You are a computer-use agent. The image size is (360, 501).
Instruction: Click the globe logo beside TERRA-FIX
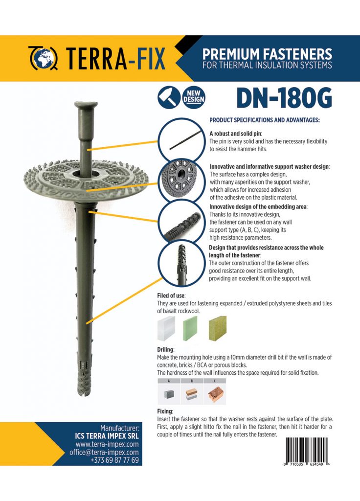coord(44,58)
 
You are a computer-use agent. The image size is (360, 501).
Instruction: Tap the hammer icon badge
coord(169,97)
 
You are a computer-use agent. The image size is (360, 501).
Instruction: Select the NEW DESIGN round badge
coord(194,97)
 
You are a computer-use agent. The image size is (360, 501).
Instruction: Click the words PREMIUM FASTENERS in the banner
coord(267,54)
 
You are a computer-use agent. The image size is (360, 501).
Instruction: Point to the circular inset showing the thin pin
coord(181,140)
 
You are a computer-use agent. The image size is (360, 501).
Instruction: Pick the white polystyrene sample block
coord(166,328)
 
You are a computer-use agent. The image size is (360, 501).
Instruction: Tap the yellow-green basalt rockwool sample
coord(218,328)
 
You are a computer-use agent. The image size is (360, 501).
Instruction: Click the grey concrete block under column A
coord(169,394)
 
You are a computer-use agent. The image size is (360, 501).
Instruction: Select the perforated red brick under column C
coord(214,394)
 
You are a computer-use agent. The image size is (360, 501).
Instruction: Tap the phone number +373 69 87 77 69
coord(114,460)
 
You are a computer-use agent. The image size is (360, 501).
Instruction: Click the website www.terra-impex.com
coord(107,444)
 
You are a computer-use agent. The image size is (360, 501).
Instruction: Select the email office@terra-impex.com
coord(104,452)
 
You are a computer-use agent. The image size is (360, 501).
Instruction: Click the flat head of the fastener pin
coord(86,105)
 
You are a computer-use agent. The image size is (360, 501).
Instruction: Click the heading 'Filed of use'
coord(171,296)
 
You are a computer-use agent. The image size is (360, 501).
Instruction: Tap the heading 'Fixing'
coord(165,411)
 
